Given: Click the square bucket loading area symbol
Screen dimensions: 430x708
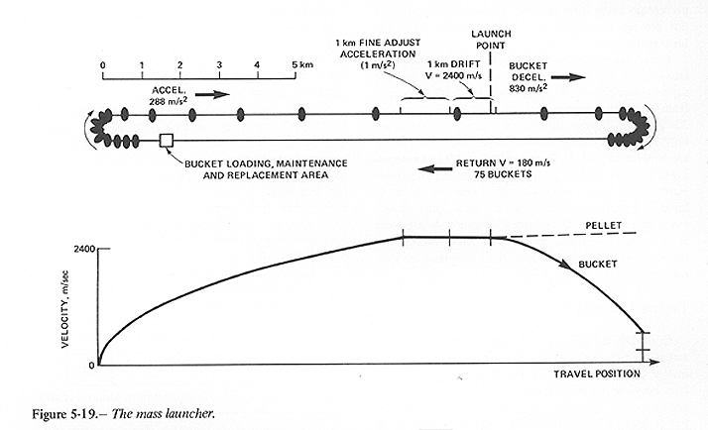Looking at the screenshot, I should point(167,141).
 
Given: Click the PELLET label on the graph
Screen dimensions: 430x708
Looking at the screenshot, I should point(601,226).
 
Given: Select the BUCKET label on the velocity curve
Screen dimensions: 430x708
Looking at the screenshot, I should point(599,265).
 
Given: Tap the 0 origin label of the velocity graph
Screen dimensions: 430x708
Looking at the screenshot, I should point(89,366).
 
